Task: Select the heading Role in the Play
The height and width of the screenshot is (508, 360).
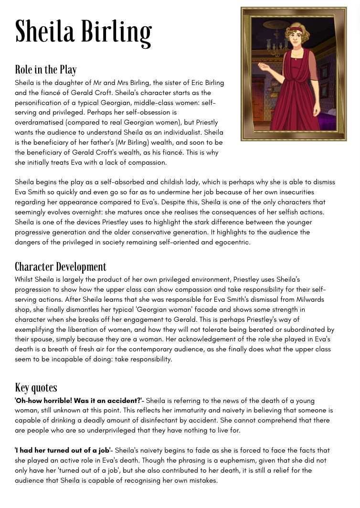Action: [46, 70]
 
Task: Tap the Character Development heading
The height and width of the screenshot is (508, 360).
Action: [61, 267]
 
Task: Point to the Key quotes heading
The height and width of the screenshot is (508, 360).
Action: [36, 388]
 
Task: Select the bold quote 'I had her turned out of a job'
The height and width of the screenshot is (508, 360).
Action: [63, 450]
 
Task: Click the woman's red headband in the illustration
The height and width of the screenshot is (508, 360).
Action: [295, 29]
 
